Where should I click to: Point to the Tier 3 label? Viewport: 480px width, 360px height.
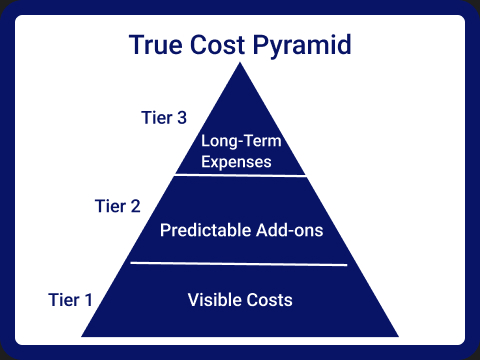click(162, 118)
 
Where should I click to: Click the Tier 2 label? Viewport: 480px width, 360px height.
click(117, 207)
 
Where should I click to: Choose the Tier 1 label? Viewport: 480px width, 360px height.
click(71, 299)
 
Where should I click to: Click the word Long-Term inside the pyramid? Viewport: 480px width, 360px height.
click(240, 141)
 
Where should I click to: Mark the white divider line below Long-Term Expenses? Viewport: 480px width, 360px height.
click(240, 175)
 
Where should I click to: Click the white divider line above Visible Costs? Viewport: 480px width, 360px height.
click(239, 264)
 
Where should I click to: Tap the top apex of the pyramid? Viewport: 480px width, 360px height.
click(240, 64)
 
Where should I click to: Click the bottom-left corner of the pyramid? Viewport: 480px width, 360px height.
click(83, 335)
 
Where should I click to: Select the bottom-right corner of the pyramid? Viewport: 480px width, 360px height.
click(398, 335)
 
